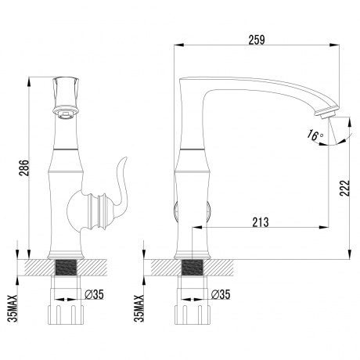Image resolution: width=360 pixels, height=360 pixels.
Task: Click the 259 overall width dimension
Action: [x=257, y=38]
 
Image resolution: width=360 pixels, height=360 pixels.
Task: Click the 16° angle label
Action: [x=314, y=135]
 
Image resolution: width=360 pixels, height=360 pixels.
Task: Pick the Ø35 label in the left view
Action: [x=95, y=295]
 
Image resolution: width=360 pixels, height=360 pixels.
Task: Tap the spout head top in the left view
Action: [x=67, y=85]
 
